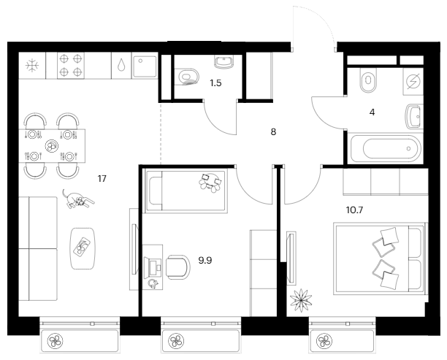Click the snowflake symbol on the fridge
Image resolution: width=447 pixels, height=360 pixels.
click(32, 66)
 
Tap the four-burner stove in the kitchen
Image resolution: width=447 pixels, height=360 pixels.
click(71, 65)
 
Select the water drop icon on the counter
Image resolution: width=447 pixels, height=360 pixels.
click(121, 65)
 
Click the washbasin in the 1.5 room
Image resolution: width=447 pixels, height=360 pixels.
click(223, 62)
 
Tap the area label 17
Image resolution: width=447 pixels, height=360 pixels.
click(102, 179)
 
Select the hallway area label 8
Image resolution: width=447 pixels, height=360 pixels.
click(273, 132)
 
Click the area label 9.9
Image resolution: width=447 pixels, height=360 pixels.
click(205, 260)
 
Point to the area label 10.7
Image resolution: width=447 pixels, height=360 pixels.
click(354, 210)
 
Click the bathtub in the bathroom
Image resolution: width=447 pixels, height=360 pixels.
click(386, 148)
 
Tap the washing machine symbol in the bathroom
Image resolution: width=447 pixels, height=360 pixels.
click(413, 82)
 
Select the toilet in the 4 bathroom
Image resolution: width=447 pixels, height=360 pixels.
click(368, 80)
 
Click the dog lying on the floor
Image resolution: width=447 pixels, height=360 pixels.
click(78, 199)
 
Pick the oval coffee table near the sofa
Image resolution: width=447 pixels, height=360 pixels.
click(83, 248)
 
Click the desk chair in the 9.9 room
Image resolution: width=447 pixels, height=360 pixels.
click(178, 267)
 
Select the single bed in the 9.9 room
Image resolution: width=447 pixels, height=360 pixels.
click(186, 191)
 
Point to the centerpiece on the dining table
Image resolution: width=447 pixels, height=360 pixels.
click(52, 145)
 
